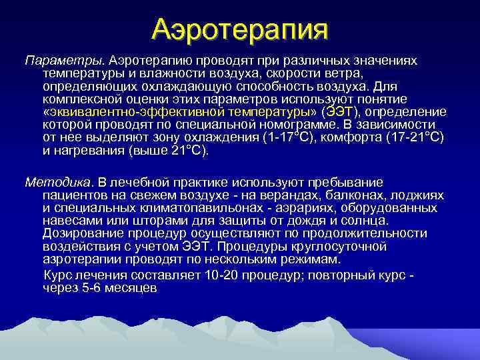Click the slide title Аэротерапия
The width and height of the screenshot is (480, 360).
click(x=240, y=29)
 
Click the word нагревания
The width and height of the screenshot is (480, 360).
click(x=87, y=150)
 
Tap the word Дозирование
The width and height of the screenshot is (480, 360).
click(x=80, y=233)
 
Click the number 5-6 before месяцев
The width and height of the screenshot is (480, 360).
click(x=89, y=288)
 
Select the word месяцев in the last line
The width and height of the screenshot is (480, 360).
click(x=131, y=288)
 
